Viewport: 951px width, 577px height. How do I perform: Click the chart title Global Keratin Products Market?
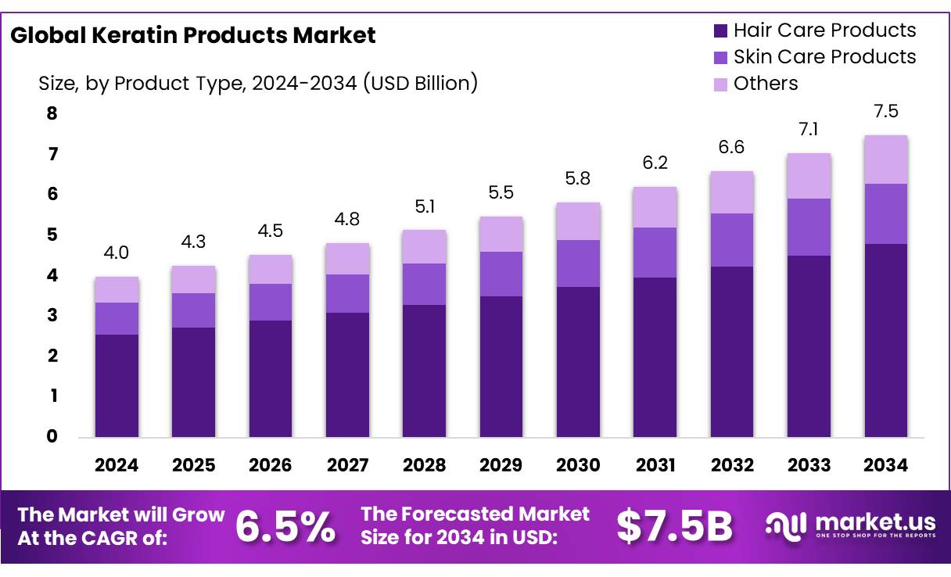tap(193, 35)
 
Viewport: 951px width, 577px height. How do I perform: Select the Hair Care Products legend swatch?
tap(720, 31)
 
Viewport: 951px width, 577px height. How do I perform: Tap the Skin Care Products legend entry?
tap(824, 57)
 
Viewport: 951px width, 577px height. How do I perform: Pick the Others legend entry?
tap(765, 84)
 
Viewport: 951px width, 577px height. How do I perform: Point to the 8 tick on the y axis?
tap(52, 113)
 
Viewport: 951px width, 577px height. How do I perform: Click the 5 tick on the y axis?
tap(52, 235)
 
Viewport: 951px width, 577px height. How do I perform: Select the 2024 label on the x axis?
tap(117, 465)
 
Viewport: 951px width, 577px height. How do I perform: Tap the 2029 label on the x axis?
tap(501, 465)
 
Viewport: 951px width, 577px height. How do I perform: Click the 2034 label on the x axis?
tap(886, 465)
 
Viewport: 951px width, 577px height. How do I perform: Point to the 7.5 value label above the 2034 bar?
tap(886, 112)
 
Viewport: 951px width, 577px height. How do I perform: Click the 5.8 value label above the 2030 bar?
tap(578, 179)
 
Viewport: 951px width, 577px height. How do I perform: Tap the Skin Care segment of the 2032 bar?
tap(732, 240)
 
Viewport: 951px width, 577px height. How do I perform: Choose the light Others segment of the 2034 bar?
tap(886, 159)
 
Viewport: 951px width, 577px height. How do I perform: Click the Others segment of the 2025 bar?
tap(193, 279)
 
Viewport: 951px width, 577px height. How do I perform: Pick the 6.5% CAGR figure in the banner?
tap(285, 527)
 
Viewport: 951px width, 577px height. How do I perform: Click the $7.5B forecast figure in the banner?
tap(674, 527)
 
